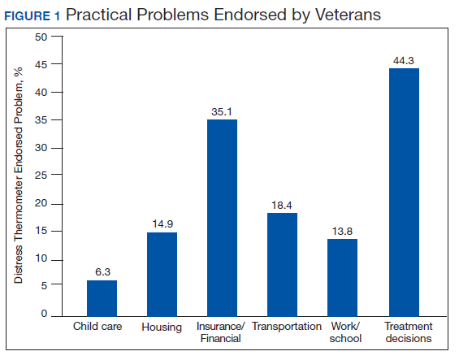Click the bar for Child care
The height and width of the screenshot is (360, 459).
point(102,298)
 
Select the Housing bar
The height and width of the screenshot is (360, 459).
point(162,274)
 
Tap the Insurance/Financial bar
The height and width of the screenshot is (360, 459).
point(222,218)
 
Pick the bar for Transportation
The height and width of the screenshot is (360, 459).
point(282,264)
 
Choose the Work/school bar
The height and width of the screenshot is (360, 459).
point(343,278)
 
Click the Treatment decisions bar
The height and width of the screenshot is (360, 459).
point(404,192)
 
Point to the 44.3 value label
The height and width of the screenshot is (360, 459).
point(404,61)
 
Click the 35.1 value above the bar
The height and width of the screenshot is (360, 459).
point(222,112)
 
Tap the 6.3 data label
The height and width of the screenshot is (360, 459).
point(102,272)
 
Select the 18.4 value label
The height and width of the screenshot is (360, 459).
point(282,206)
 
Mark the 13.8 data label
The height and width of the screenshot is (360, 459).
point(342,232)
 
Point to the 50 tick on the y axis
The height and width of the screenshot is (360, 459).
point(41,37)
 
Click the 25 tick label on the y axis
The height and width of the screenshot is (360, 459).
point(41,176)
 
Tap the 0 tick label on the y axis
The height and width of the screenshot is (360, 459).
point(44,314)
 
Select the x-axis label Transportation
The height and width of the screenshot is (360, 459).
point(287,327)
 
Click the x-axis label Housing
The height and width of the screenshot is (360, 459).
point(162,327)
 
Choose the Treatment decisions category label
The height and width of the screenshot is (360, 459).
point(409,332)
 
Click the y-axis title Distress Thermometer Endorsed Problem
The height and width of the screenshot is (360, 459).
point(18,176)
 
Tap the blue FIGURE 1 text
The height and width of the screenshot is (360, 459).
point(32,15)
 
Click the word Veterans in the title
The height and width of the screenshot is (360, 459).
point(348,15)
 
